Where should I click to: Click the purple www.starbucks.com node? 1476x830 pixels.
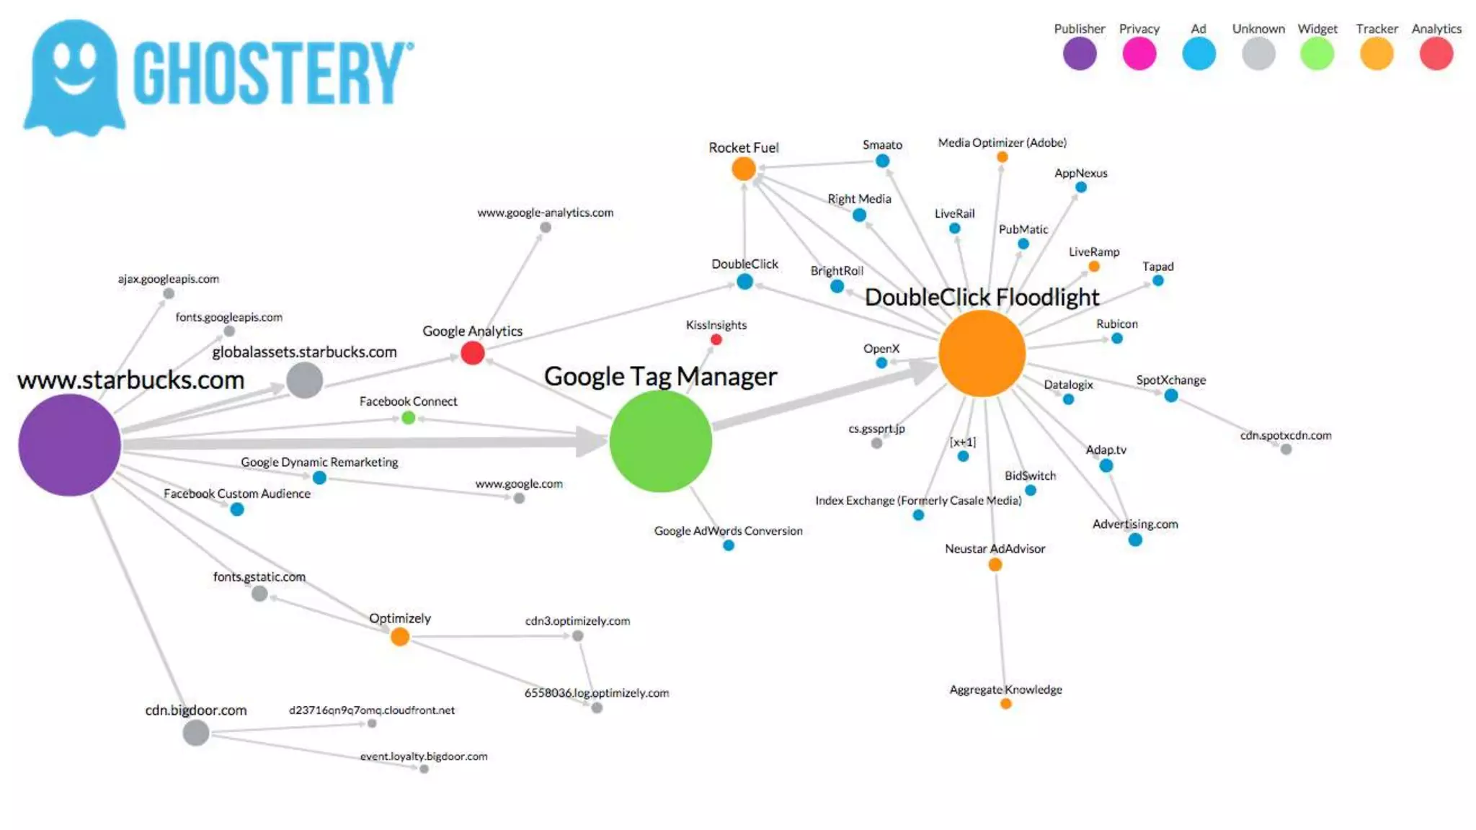pyautogui.click(x=69, y=445)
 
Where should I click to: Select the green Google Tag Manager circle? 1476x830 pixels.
pyautogui.click(x=660, y=441)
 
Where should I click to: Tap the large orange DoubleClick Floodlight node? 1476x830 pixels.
pyautogui.click(x=982, y=353)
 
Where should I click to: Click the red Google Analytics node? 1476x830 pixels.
pyautogui.click(x=472, y=353)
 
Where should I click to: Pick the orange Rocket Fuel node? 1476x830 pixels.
pyautogui.click(x=743, y=169)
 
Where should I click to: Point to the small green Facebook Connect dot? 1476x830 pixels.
pyautogui.click(x=408, y=417)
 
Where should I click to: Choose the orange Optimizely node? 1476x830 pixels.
pyautogui.click(x=399, y=636)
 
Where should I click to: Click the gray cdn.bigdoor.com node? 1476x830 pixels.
pyautogui.click(x=195, y=733)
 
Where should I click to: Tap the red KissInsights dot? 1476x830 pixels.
pyautogui.click(x=716, y=339)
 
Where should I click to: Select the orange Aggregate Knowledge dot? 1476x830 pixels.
pyautogui.click(x=1005, y=703)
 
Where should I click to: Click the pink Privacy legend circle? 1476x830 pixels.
pyautogui.click(x=1139, y=54)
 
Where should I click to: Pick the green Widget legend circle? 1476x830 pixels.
pyautogui.click(x=1317, y=54)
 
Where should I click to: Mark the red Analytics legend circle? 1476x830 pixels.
pyautogui.click(x=1436, y=54)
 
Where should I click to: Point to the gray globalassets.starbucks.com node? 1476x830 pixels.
pyautogui.click(x=304, y=380)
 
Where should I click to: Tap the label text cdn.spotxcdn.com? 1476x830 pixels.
pyautogui.click(x=1285, y=435)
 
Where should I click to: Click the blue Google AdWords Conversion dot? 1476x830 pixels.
pyautogui.click(x=728, y=545)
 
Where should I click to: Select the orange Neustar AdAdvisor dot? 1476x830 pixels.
pyautogui.click(x=995, y=564)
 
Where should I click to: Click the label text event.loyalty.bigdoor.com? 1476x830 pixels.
pyautogui.click(x=424, y=756)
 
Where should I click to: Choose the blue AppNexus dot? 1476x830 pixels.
pyautogui.click(x=1080, y=187)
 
